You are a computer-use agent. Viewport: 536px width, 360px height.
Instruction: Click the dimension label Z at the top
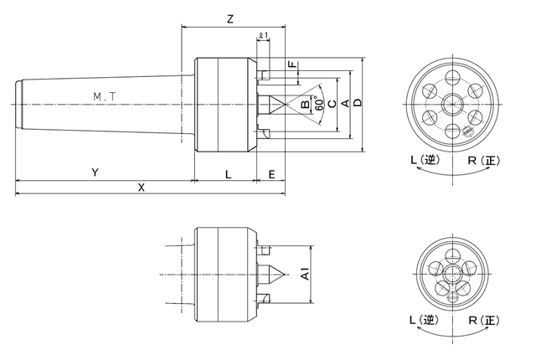tap(229, 18)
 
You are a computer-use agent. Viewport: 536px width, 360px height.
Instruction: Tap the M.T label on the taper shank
tap(105, 97)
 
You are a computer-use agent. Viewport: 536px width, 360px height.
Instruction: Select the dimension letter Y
tap(96, 172)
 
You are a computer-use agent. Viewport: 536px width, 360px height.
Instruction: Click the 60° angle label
tap(319, 105)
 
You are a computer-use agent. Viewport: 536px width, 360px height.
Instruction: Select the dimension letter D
tap(358, 103)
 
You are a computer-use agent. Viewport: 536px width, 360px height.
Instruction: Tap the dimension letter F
tap(291, 64)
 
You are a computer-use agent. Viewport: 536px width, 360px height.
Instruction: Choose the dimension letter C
tap(332, 104)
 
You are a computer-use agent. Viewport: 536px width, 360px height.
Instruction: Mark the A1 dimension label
tap(307, 274)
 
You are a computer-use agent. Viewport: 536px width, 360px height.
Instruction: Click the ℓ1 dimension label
tap(263, 35)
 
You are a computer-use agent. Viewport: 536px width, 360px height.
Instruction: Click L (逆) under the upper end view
tap(420, 159)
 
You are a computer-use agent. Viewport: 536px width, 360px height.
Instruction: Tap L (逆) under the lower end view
tap(420, 321)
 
